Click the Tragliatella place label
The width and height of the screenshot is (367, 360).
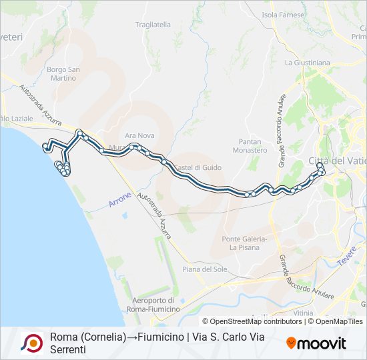[x=153, y=25]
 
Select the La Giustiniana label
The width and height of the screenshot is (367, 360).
[x=307, y=63]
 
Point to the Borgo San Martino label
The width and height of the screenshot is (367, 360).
[x=63, y=73]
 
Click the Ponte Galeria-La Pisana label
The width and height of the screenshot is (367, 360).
[x=244, y=243]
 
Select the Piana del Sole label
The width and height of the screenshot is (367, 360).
[x=203, y=269]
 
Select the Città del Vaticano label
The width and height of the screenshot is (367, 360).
[x=336, y=161]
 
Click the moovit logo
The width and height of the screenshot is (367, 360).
[x=316, y=343]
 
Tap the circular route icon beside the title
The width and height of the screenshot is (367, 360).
[x=31, y=343]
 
